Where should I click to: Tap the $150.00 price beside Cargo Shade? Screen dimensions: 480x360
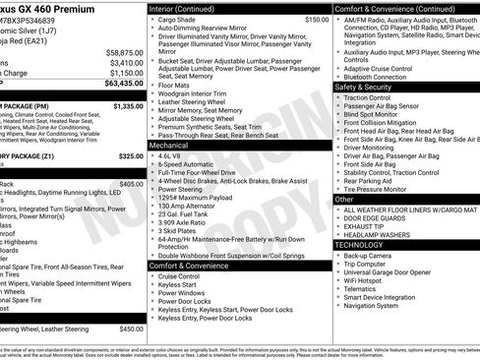pyautogui.click(x=317, y=19)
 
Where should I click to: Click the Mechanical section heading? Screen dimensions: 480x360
pyautogui.click(x=169, y=144)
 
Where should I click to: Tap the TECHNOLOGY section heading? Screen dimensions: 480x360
pyautogui.click(x=361, y=244)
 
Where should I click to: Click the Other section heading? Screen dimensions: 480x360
pyautogui.click(x=344, y=199)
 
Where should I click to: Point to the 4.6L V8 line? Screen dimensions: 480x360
pyautogui.click(x=171, y=155)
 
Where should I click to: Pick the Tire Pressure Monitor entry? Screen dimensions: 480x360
pyautogui.click(x=378, y=189)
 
